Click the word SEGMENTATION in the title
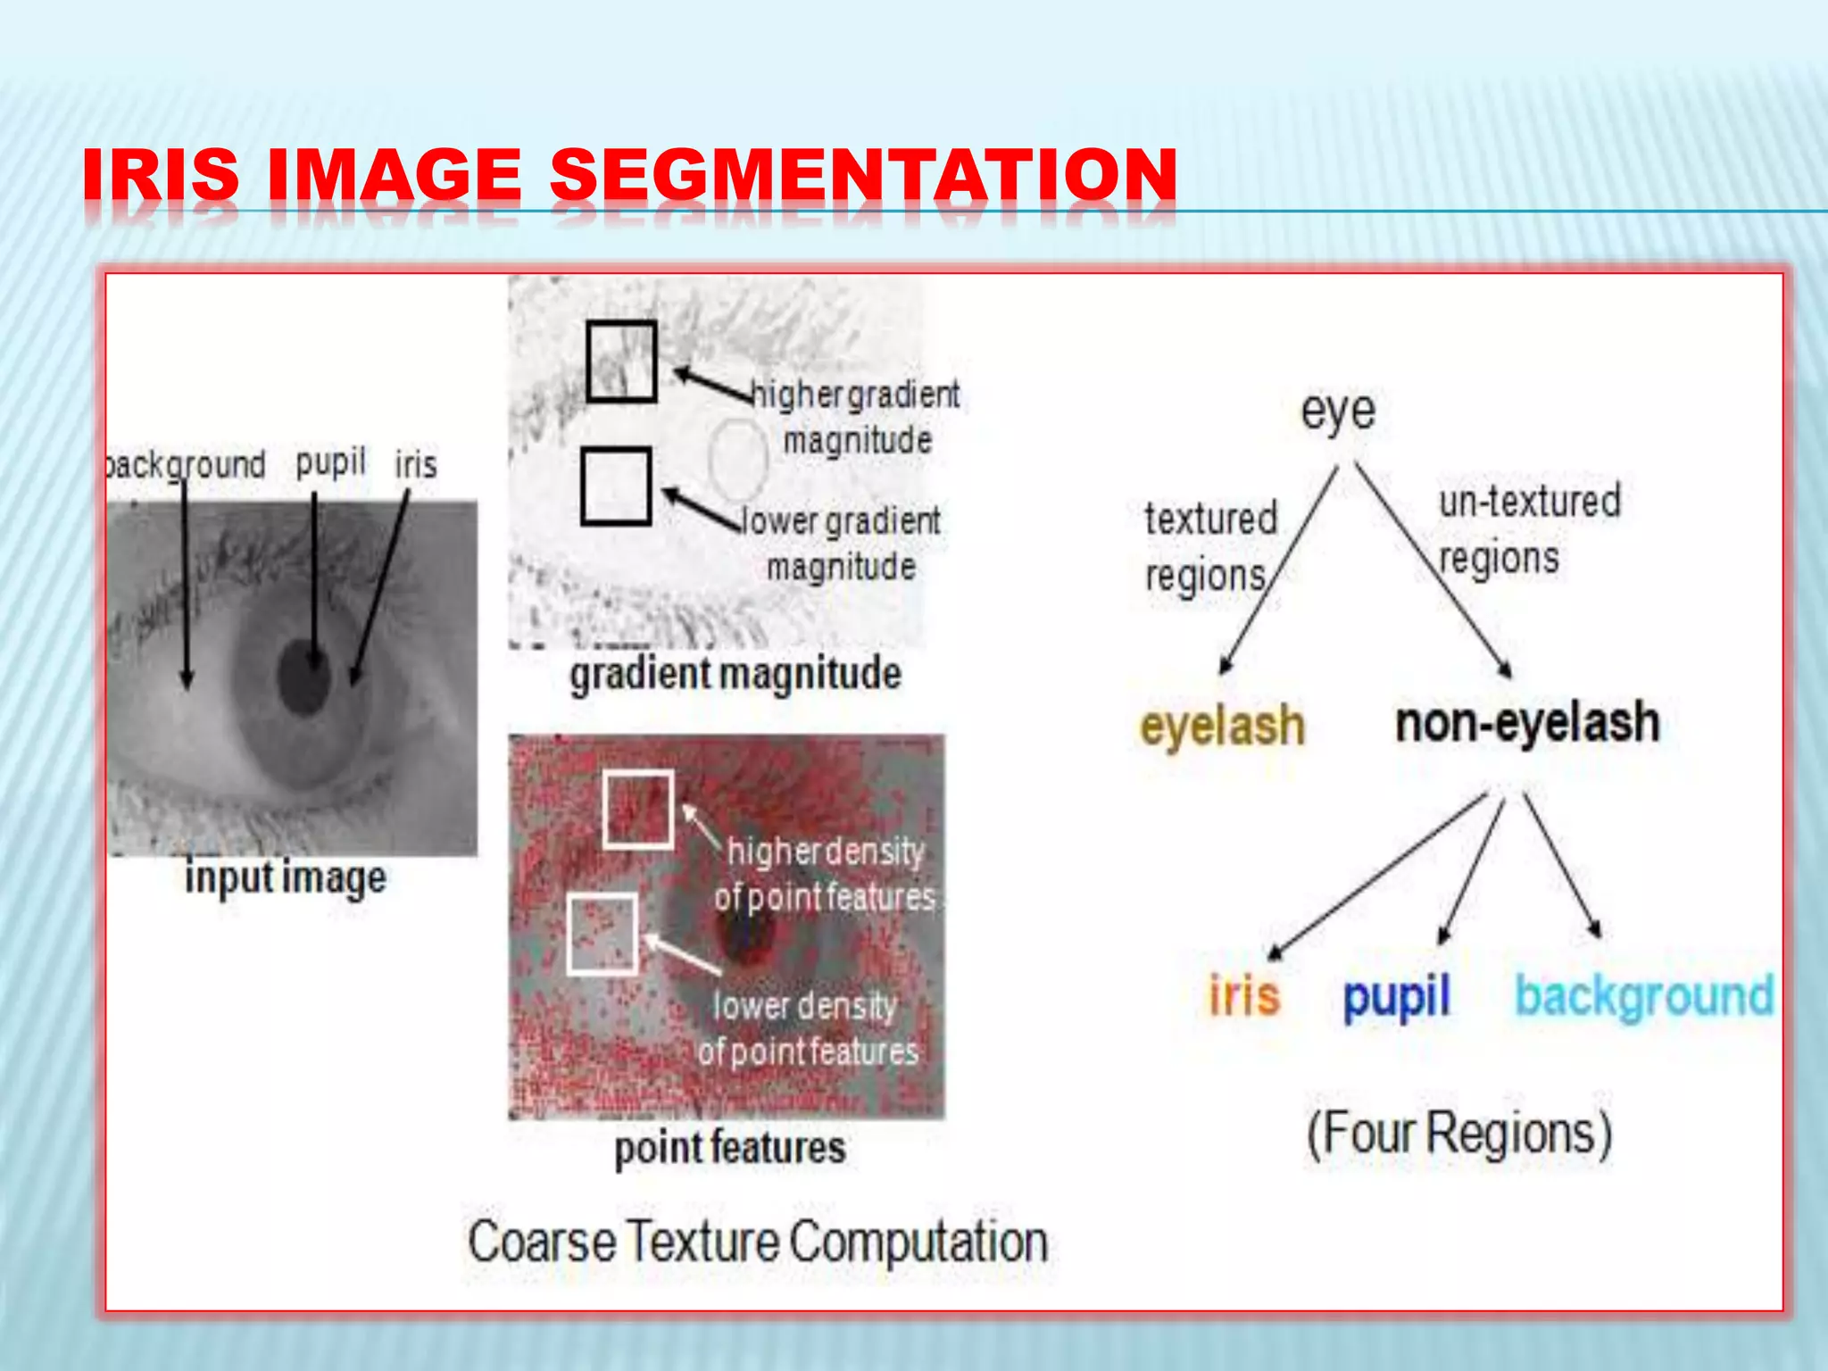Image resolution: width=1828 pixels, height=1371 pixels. click(x=862, y=174)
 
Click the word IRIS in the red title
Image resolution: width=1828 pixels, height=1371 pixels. click(x=161, y=174)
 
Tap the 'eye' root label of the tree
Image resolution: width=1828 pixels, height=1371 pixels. click(x=1337, y=412)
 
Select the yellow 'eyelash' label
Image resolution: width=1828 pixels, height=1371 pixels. click(x=1222, y=725)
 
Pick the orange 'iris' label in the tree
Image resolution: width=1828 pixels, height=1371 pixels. click(x=1244, y=995)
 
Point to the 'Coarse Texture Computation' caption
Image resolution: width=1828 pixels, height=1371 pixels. click(x=758, y=1242)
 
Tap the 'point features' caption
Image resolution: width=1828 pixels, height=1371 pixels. click(x=730, y=1148)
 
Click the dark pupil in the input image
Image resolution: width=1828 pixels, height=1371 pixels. click(x=304, y=677)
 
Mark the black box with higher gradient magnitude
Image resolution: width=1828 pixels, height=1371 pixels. click(x=621, y=361)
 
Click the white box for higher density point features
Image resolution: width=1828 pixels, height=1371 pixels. click(x=637, y=809)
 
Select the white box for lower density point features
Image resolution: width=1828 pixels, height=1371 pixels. click(x=602, y=934)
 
